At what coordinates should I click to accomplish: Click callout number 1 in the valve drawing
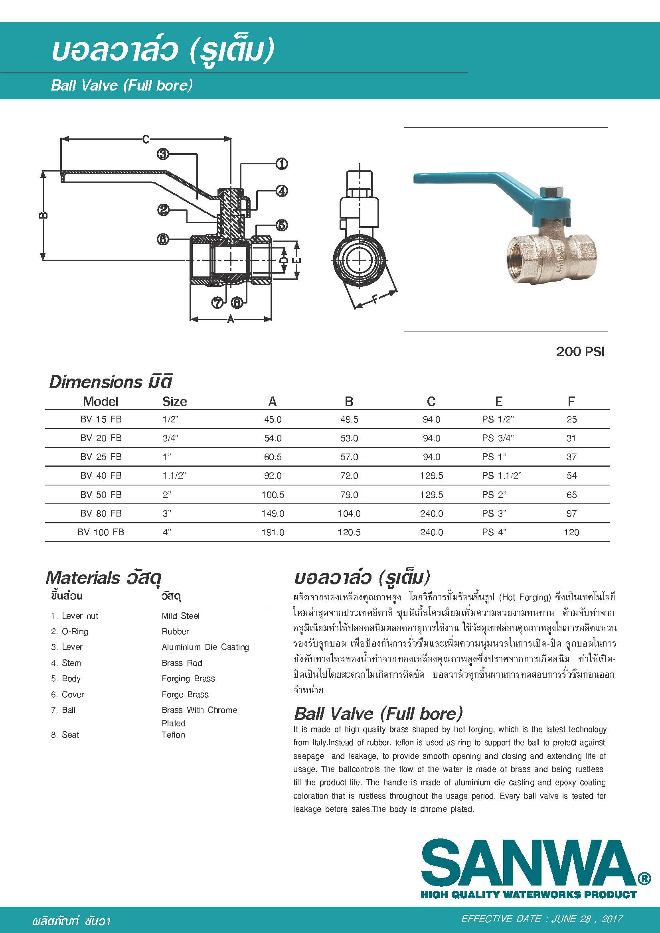[x=282, y=164]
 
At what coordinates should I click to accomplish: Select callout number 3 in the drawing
[x=163, y=154]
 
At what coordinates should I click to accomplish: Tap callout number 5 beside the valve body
[x=282, y=225]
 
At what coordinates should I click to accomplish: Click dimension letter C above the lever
[x=146, y=139]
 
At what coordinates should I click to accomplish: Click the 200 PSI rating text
[x=580, y=351]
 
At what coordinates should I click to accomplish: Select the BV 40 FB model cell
[x=101, y=475]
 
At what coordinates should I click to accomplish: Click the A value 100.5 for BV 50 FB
[x=273, y=495]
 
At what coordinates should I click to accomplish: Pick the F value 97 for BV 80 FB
[x=571, y=513]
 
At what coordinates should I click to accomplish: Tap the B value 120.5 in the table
[x=349, y=532]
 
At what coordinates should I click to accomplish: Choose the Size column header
[x=174, y=402]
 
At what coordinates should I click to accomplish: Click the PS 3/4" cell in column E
[x=498, y=438]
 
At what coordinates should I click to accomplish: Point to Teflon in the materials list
[x=173, y=735]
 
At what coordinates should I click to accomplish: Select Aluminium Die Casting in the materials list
[x=205, y=647]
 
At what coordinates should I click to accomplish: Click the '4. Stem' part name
[x=66, y=663]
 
